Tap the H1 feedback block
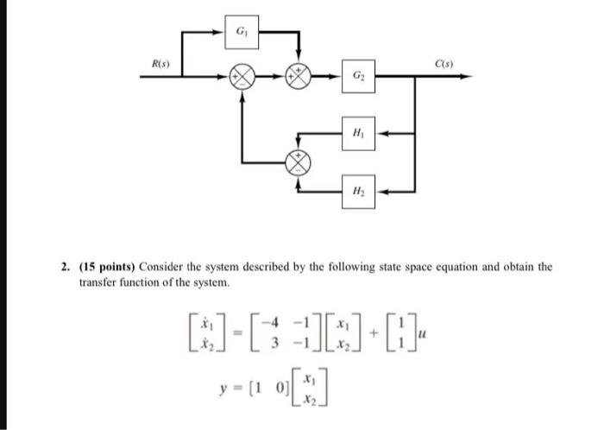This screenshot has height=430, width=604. click(x=357, y=133)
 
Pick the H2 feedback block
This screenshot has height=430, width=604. click(x=357, y=190)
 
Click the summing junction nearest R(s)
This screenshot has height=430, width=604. click(x=242, y=79)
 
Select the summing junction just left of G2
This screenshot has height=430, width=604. click(x=299, y=79)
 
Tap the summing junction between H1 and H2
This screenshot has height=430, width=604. click(x=299, y=161)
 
